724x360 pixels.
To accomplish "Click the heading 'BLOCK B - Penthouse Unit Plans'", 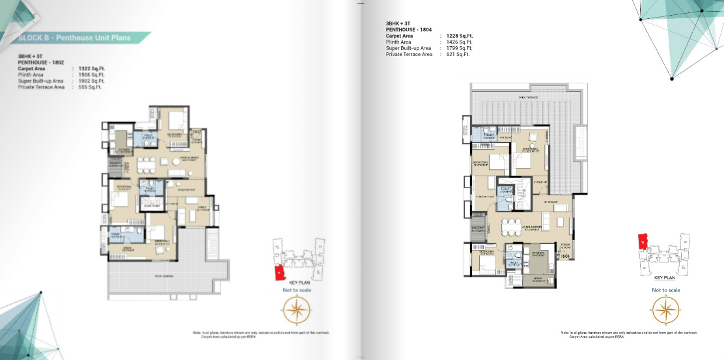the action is [x=74, y=38].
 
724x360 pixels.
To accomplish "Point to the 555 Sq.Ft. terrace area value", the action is [x=89, y=87].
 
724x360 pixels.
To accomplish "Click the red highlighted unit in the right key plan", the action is [x=642, y=242].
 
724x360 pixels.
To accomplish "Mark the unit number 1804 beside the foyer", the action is [x=564, y=256].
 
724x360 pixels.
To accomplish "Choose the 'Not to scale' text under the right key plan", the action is [x=665, y=290].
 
